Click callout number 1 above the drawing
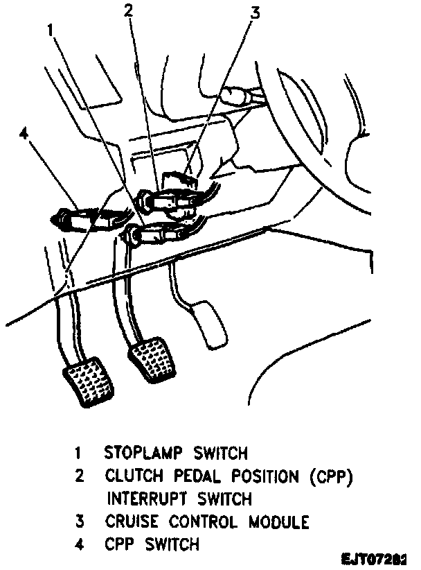click(50, 29)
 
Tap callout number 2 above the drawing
click(128, 10)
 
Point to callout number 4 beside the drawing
click(25, 133)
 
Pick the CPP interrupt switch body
click(166, 200)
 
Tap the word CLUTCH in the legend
click(132, 476)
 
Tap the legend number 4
click(81, 544)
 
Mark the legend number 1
click(80, 454)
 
